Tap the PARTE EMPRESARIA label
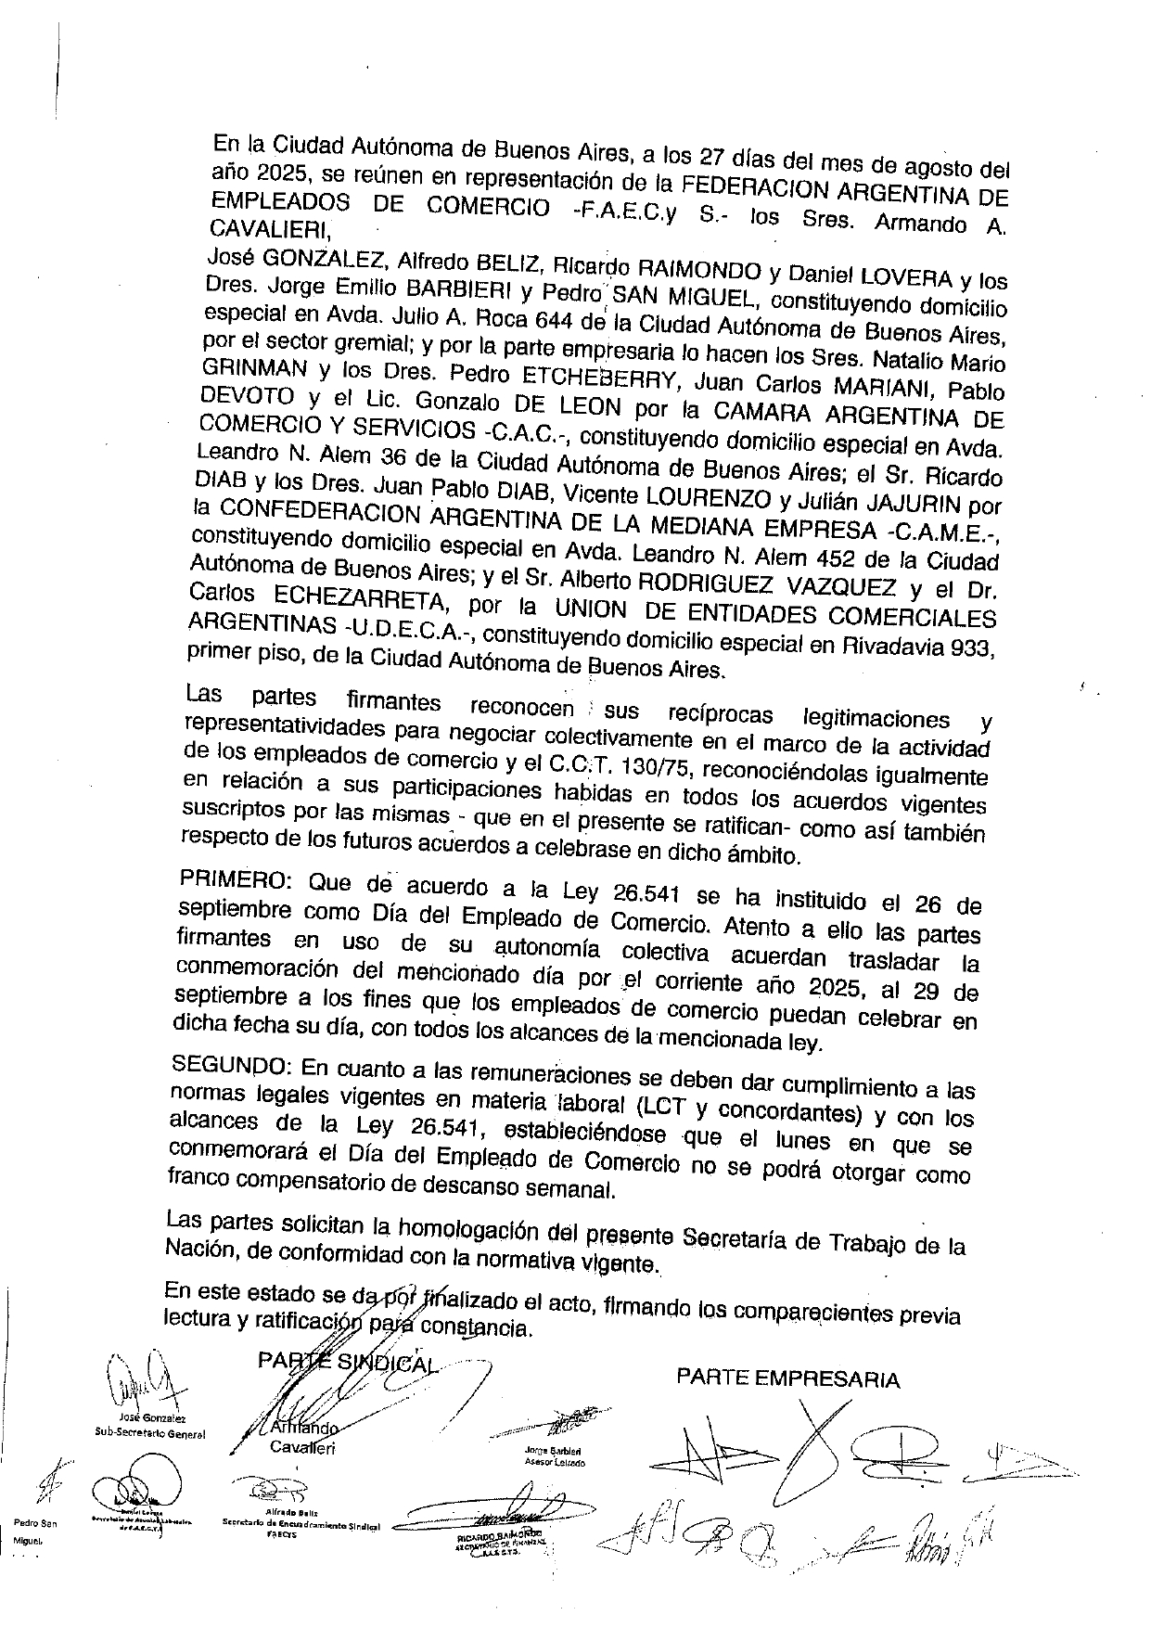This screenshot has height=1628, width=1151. pos(787,1378)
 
